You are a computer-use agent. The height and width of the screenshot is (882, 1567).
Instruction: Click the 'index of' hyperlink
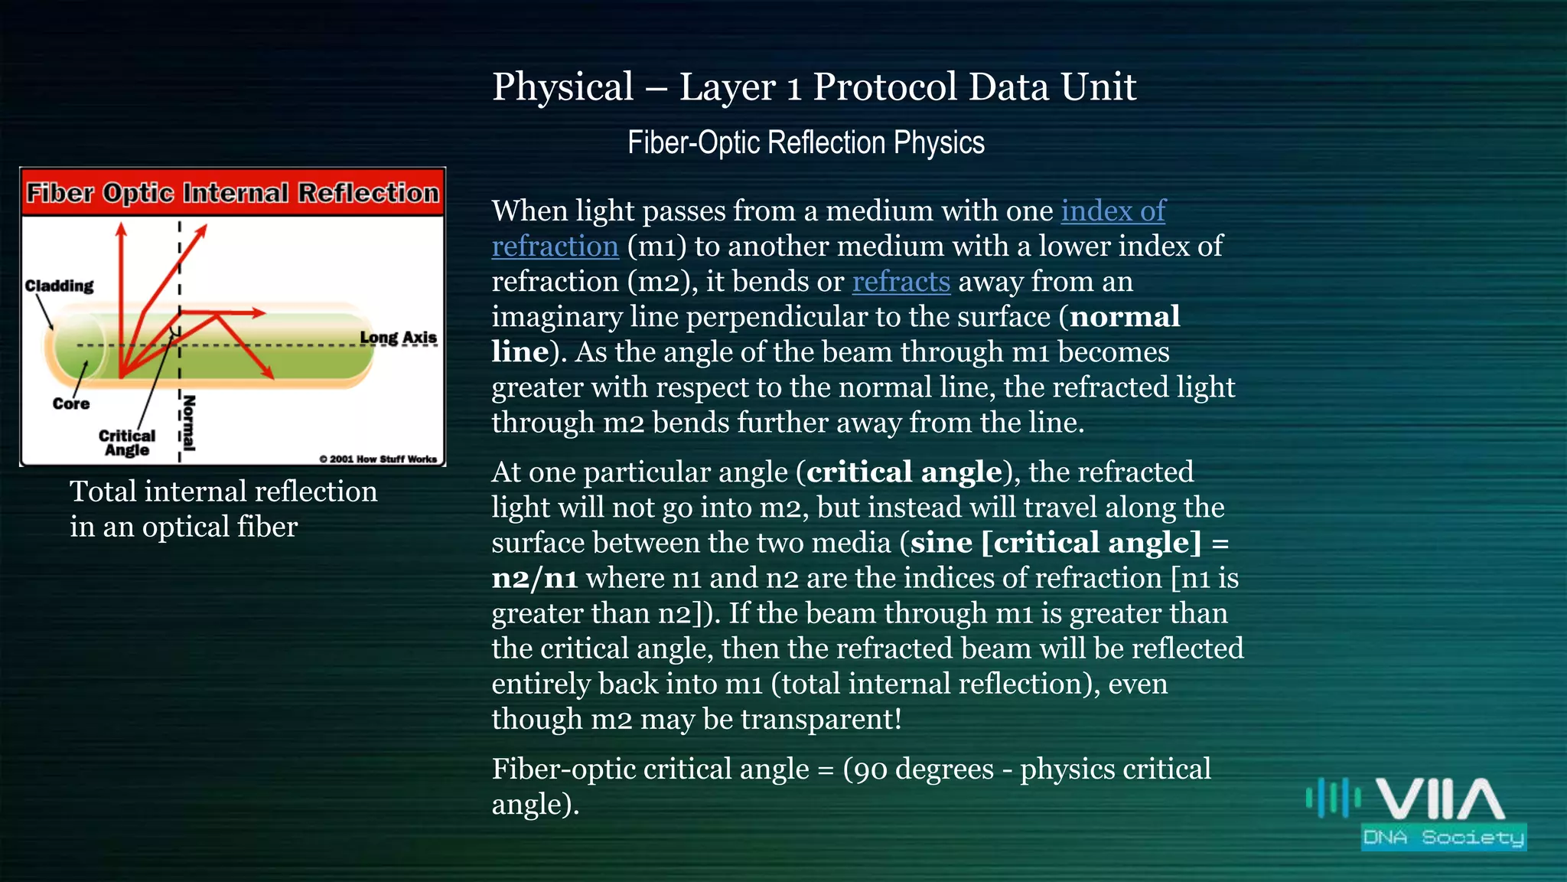(x=1113, y=211)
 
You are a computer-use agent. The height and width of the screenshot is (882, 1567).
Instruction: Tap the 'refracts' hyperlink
(x=901, y=282)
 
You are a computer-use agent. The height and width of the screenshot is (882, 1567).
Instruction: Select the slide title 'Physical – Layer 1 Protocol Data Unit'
(x=814, y=87)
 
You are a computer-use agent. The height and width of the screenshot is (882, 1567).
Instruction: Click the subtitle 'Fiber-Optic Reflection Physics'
(x=806, y=143)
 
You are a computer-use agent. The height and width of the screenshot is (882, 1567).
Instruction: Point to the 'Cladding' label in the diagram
(x=59, y=286)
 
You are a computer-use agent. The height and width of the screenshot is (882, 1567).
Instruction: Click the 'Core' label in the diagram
(x=71, y=403)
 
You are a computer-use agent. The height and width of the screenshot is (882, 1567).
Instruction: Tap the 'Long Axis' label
(x=398, y=338)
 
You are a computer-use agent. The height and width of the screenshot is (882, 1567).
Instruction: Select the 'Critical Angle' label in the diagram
(x=127, y=443)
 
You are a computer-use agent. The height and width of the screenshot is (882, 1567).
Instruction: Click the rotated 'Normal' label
(x=190, y=423)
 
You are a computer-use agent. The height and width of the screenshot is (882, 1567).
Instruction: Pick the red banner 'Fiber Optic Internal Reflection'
(x=233, y=193)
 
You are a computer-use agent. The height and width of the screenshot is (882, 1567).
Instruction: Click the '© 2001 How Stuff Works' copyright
(x=378, y=459)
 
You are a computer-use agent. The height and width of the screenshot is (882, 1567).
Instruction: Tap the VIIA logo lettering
(x=1440, y=799)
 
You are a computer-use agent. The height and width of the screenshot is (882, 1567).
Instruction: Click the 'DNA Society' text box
(x=1443, y=837)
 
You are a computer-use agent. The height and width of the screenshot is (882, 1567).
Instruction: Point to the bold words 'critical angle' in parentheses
(x=904, y=472)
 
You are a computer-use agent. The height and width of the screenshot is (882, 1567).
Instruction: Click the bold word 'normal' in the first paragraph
(x=1125, y=317)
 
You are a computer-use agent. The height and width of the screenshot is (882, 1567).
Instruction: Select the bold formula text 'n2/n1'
(x=534, y=578)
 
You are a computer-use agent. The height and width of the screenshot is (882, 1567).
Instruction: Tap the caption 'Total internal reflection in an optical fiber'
(x=223, y=508)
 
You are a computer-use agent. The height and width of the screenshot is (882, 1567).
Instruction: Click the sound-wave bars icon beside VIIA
(x=1333, y=799)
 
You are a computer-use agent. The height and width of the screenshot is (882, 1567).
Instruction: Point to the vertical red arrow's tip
(x=121, y=227)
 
